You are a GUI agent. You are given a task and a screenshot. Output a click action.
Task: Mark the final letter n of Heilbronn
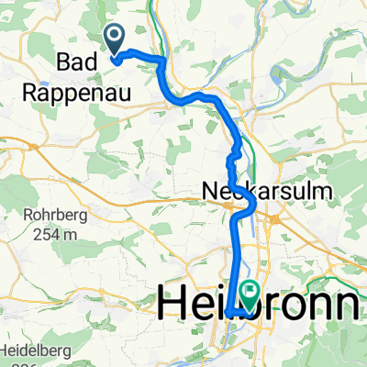(347, 303)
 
